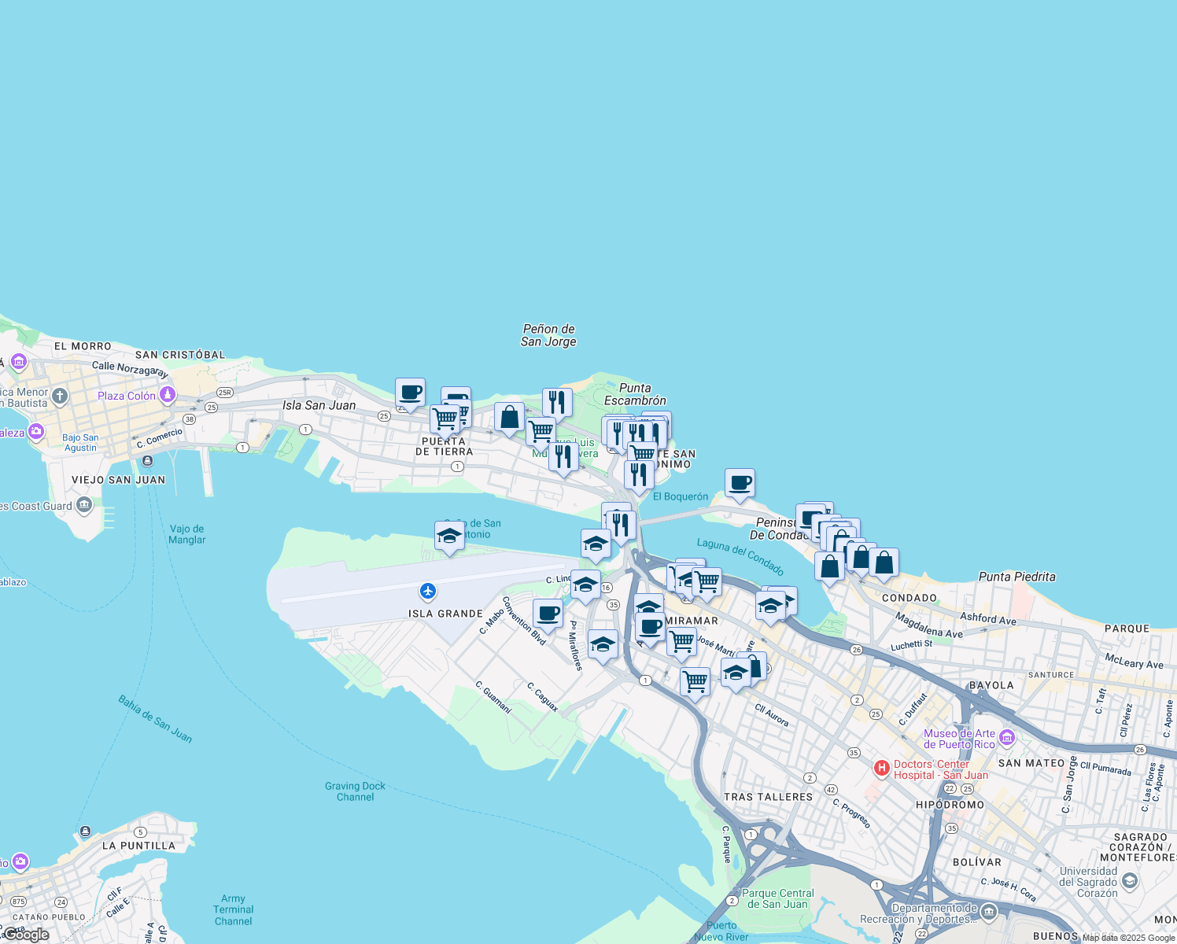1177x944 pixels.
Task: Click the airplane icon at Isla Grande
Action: (428, 591)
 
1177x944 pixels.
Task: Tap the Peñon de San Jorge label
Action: (548, 335)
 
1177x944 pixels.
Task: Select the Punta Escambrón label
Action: (635, 394)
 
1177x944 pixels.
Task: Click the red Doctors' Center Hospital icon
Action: (882, 767)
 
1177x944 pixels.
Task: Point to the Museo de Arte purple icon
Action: (1007, 739)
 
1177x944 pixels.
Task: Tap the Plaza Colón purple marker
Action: (167, 394)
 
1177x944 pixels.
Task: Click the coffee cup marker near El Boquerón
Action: (740, 484)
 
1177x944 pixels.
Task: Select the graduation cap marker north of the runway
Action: (449, 537)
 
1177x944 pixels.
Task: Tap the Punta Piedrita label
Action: (1016, 577)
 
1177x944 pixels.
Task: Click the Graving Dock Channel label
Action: (355, 791)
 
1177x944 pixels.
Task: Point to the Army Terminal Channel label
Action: (234, 909)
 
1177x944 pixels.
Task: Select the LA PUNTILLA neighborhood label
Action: (138, 846)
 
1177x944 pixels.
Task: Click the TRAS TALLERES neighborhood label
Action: (768, 797)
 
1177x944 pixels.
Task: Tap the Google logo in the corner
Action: (25, 935)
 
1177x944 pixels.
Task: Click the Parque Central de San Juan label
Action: (777, 898)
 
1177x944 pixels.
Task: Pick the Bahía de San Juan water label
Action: (155, 718)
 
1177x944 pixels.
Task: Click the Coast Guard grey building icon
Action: (85, 505)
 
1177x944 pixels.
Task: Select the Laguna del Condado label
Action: (740, 556)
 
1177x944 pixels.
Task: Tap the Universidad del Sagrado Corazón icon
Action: (1131, 880)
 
